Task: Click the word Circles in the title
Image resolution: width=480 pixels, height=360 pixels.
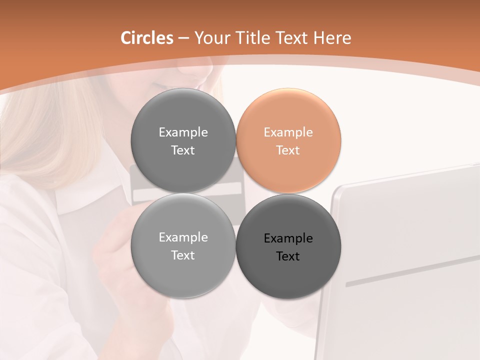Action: [146, 38]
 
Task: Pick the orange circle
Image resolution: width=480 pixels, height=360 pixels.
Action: [288, 140]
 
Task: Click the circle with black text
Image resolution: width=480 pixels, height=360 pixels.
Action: [288, 246]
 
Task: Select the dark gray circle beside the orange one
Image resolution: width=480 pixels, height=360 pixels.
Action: [183, 140]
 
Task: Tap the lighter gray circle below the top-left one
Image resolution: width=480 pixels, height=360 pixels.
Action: [183, 245]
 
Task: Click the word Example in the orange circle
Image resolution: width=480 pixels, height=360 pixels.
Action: [288, 132]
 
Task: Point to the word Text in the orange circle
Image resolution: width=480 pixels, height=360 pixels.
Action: [288, 150]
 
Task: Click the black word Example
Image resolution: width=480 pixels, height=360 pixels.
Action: [288, 238]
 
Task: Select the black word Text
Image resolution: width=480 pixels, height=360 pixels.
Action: [288, 256]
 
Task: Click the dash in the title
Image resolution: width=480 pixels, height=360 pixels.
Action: [183, 38]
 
